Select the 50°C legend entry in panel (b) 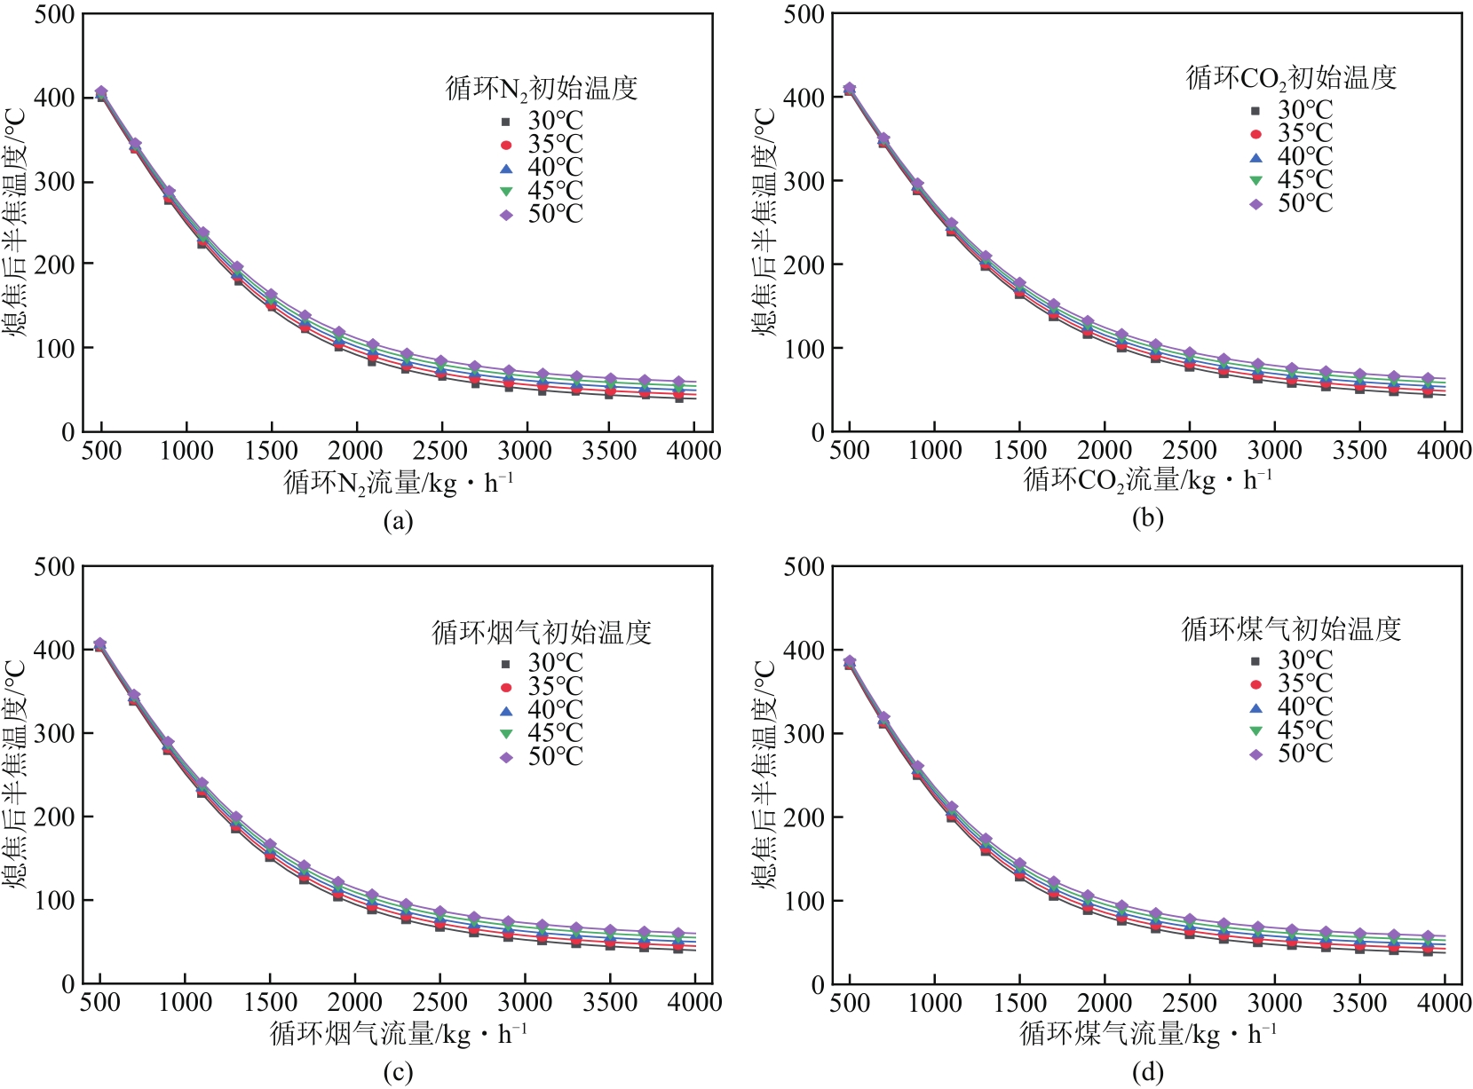pos(1293,204)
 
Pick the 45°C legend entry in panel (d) pos(1293,730)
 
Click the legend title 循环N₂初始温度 pos(542,89)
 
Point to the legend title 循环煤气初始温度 pos(1291,629)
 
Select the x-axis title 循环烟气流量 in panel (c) pos(398,1034)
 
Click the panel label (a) pos(398,520)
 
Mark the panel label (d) pos(1147,1073)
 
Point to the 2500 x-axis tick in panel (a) pos(440,451)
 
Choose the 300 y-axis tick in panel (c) pos(54,733)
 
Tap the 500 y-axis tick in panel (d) pos(805,567)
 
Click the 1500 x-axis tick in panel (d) pos(1019,1004)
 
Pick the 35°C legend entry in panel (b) pos(1293,134)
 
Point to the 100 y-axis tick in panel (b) pos(805,349)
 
